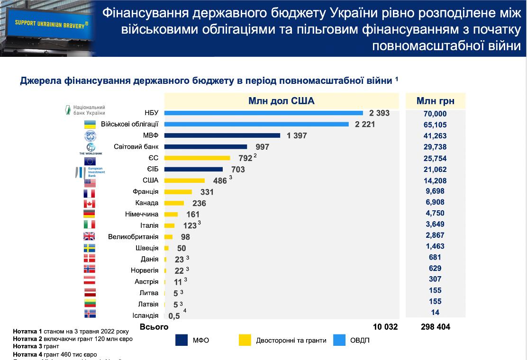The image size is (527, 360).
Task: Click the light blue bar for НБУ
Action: [x=263, y=113]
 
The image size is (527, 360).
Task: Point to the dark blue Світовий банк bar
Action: [x=206, y=147]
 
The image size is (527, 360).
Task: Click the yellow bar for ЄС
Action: [x=197, y=158]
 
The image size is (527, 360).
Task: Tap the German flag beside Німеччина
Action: [x=90, y=214]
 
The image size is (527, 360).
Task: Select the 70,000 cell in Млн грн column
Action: [x=436, y=114]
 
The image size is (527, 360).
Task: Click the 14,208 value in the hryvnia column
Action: [x=436, y=180]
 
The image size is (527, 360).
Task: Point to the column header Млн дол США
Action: [x=281, y=101]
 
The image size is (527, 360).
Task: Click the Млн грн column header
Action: [x=436, y=101]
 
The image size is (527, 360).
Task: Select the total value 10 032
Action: [x=385, y=327]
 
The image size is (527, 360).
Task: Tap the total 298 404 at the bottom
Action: [x=436, y=327]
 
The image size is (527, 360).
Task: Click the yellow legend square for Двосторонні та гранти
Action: [x=245, y=340]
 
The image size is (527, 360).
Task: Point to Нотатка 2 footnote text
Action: [x=73, y=339]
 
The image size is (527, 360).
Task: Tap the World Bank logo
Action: [x=91, y=148]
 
